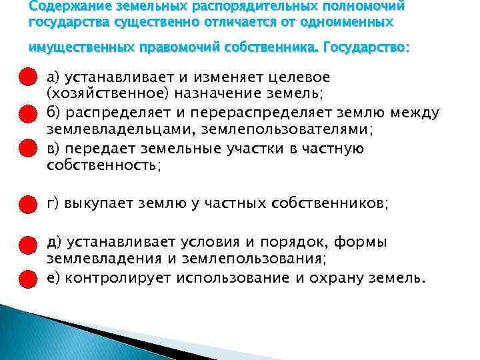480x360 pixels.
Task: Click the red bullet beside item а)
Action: click(x=27, y=77)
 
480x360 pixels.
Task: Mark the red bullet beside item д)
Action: click(x=27, y=242)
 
